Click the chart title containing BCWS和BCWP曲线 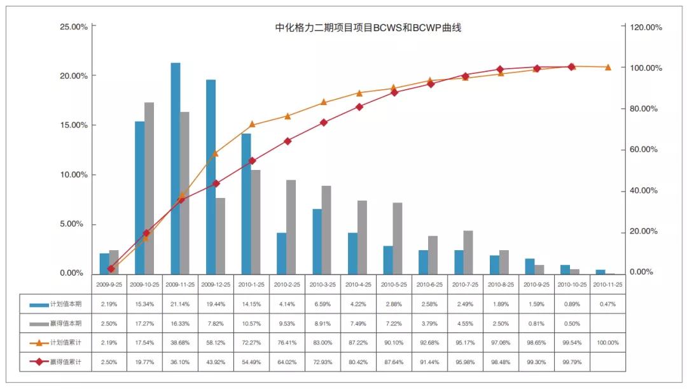[x=368, y=28]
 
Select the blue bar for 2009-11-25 [x=176, y=168]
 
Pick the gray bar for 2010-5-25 [x=398, y=238]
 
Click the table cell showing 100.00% [x=607, y=343]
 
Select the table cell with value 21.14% [x=180, y=304]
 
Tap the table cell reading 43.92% [x=216, y=362]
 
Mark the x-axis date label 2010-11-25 [x=607, y=284]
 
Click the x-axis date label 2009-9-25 [x=109, y=284]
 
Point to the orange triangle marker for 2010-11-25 [x=607, y=67]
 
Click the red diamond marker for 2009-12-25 [x=216, y=183]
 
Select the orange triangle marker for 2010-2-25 [x=288, y=116]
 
